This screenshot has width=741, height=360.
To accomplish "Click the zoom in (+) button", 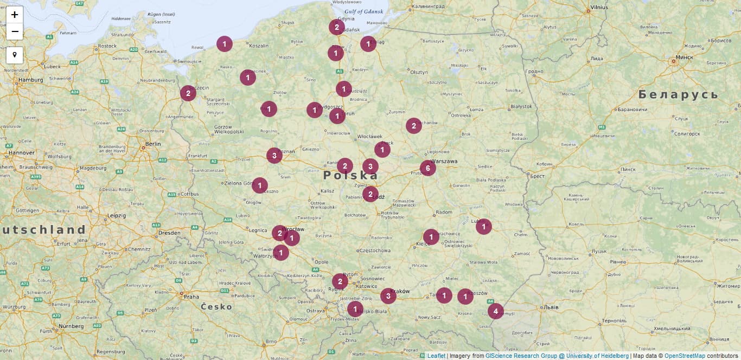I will [x=15, y=15].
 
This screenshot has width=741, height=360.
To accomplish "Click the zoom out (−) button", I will [x=15, y=31].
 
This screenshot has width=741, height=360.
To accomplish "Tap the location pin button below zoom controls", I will [x=15, y=55].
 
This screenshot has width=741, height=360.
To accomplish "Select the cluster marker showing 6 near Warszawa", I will [x=427, y=168].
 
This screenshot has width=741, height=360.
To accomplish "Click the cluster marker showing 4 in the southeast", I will [x=495, y=311].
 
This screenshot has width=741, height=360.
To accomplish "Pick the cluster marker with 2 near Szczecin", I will [x=188, y=93].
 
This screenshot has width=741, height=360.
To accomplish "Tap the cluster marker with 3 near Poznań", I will [x=274, y=156].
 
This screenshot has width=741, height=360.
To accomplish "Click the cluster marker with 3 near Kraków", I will [x=388, y=296].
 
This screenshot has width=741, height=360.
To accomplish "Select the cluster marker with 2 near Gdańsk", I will [x=336, y=27].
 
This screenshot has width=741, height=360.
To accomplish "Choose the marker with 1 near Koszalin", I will [x=225, y=44].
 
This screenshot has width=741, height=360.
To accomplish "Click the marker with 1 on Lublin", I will [x=483, y=227].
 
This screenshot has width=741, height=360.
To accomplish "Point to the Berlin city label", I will [x=153, y=144].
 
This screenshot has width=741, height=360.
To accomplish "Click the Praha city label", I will [x=191, y=297].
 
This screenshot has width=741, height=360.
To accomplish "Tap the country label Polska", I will [x=350, y=176].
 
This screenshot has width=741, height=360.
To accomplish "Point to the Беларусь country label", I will [x=678, y=95].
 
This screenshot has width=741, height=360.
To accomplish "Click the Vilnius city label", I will [x=599, y=8].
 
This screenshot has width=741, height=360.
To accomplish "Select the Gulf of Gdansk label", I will [x=363, y=11].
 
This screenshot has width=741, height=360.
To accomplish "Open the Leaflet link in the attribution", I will [x=436, y=356].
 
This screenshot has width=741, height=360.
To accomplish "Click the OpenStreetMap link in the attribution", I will [x=685, y=356].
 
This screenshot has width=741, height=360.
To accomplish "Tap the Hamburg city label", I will [x=30, y=80].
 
